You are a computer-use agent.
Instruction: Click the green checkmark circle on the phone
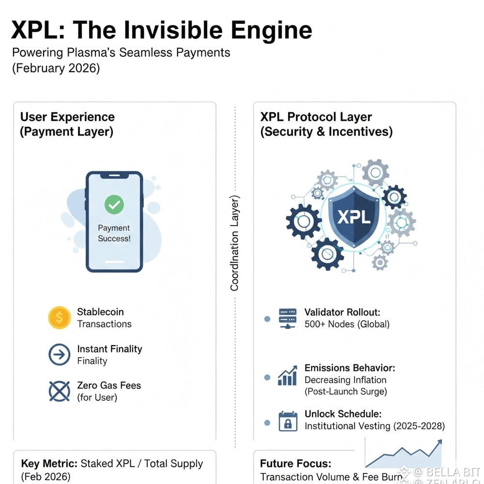tap(114, 205)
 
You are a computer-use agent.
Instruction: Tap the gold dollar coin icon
tap(60, 318)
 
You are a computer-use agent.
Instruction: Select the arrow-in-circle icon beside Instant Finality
tap(60, 355)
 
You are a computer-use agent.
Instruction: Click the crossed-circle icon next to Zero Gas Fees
tap(60, 391)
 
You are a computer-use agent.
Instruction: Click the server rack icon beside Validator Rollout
tap(287, 318)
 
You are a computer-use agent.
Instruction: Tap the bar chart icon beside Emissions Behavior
tap(287, 376)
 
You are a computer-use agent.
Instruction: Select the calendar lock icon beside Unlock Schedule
tap(287, 421)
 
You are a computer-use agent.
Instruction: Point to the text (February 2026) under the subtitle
tap(56, 68)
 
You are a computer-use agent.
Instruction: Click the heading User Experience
tap(67, 117)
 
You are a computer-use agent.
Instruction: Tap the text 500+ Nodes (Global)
tap(347, 324)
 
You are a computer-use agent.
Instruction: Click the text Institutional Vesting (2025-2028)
tap(374, 426)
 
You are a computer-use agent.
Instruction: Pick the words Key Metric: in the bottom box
tap(50, 464)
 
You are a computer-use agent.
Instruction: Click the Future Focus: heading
tap(295, 464)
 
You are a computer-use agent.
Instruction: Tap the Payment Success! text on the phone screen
tap(114, 233)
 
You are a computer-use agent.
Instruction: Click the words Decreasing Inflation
tap(345, 380)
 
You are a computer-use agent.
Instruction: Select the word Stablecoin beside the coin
tap(100, 312)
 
